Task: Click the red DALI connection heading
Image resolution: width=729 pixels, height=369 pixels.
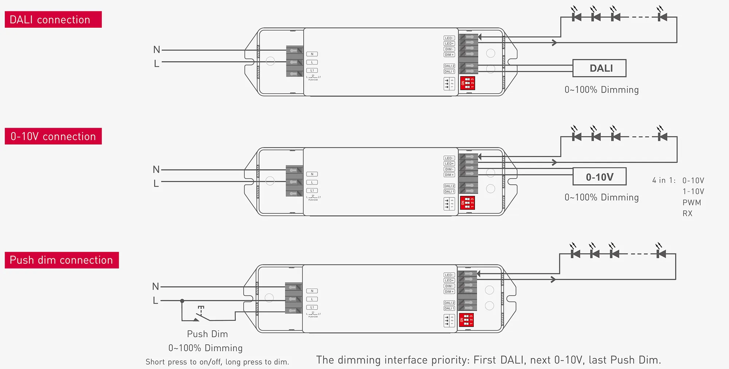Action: (x=53, y=20)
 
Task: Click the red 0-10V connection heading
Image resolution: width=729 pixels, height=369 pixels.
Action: (x=53, y=136)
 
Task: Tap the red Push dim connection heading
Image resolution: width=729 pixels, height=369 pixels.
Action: (x=61, y=260)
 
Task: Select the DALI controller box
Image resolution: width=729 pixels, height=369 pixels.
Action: (x=599, y=68)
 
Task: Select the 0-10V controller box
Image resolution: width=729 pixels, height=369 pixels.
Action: (x=599, y=177)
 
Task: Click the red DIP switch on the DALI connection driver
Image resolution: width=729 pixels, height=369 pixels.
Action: (x=468, y=83)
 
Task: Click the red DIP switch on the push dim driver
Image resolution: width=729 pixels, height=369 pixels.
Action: (x=466, y=320)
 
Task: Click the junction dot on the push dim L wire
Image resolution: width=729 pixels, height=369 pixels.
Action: (x=182, y=301)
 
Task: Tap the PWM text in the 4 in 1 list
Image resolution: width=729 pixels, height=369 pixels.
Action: (x=691, y=203)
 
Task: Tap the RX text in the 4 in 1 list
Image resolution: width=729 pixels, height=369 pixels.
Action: (x=687, y=213)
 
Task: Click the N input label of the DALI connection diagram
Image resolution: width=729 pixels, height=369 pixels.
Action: (x=157, y=50)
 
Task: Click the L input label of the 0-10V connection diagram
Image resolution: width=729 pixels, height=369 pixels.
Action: (x=156, y=184)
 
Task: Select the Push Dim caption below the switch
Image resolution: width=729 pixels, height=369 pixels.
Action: (x=207, y=334)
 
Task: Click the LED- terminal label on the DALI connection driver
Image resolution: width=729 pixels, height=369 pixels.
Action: (x=449, y=38)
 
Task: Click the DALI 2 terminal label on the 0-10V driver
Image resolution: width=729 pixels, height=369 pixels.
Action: (x=449, y=186)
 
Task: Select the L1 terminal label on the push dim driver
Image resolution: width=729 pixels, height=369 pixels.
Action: (x=312, y=307)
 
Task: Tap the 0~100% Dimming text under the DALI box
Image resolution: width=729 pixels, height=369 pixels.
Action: (x=601, y=90)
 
